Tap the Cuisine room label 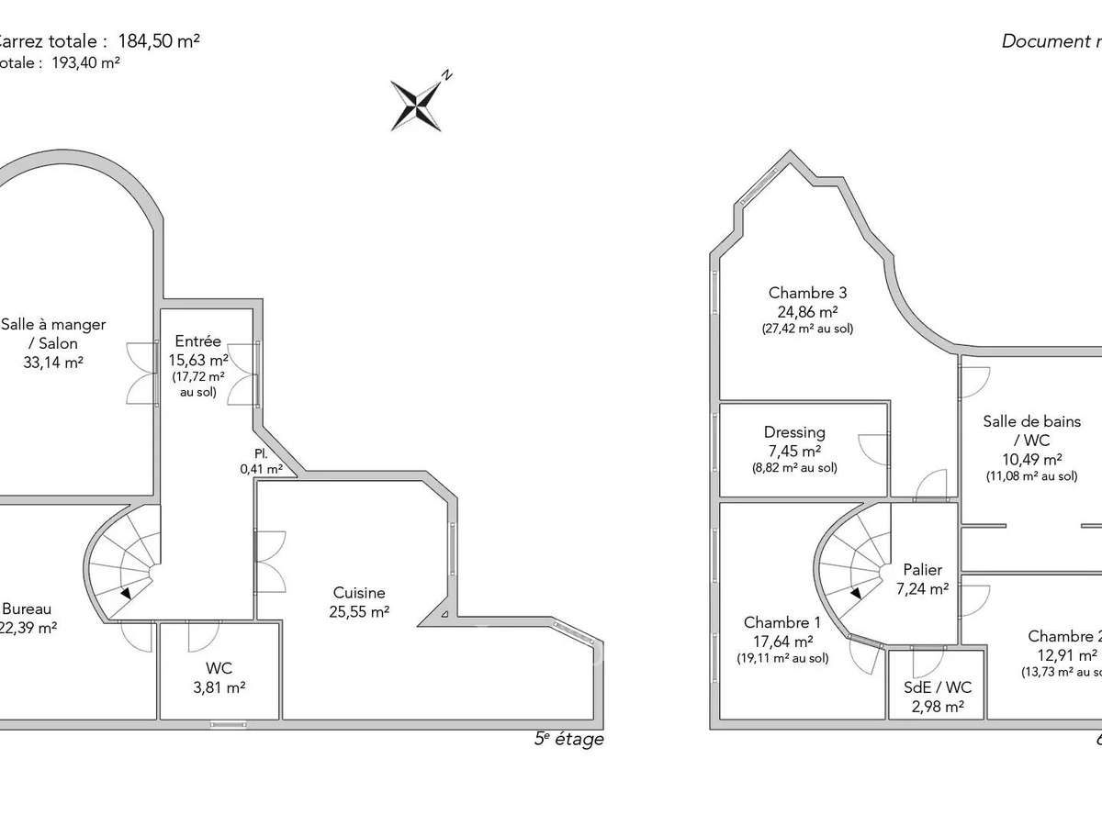point(359,593)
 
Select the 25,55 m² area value point(359,612)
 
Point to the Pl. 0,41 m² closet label point(262,461)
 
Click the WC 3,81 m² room point(219,677)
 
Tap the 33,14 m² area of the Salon point(53,363)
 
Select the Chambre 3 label point(807,293)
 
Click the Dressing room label point(794,432)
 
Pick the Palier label point(922,570)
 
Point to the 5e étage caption point(569,740)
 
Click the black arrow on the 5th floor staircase point(125,594)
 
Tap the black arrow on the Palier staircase point(856,594)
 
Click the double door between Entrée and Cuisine point(271,561)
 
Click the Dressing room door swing point(871,449)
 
